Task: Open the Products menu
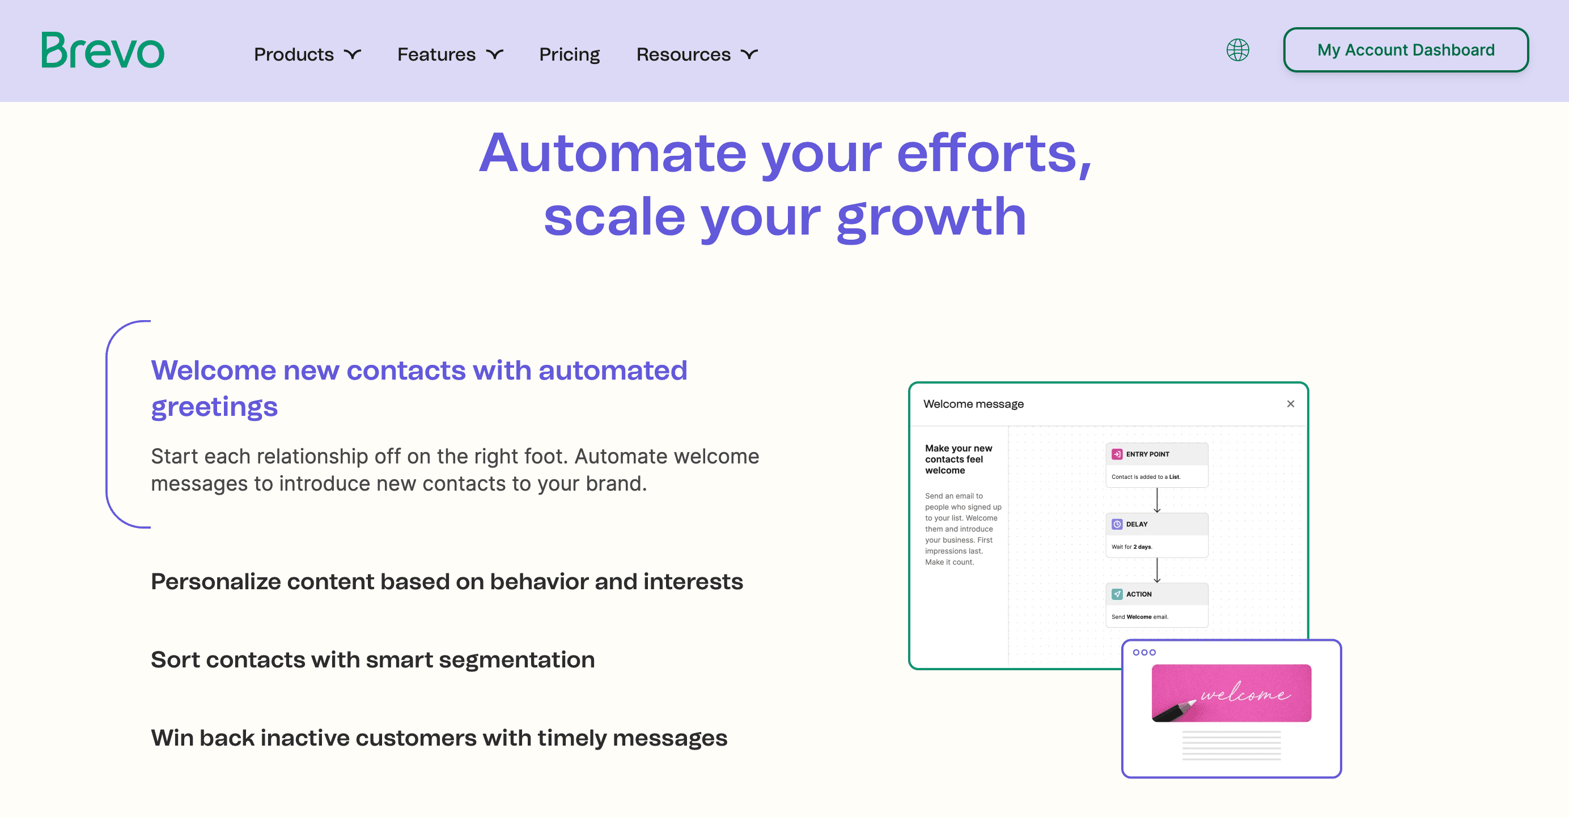click(x=307, y=54)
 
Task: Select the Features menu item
click(x=450, y=54)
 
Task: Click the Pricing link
click(x=570, y=54)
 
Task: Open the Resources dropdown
click(x=697, y=54)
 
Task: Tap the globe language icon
click(x=1237, y=50)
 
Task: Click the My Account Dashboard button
click(x=1406, y=50)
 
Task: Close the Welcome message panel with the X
click(x=1291, y=403)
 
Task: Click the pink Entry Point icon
click(x=1117, y=454)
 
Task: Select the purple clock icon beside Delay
click(x=1117, y=524)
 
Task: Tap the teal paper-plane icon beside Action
click(x=1117, y=594)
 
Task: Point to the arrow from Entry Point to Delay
click(x=1157, y=500)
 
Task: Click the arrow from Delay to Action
click(x=1157, y=571)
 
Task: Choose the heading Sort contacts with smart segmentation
click(x=373, y=660)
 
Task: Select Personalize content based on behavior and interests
click(x=447, y=582)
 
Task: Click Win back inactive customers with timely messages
click(x=439, y=738)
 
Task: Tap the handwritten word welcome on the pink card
click(x=1245, y=693)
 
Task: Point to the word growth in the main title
click(x=932, y=218)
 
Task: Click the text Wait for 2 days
click(x=1131, y=547)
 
